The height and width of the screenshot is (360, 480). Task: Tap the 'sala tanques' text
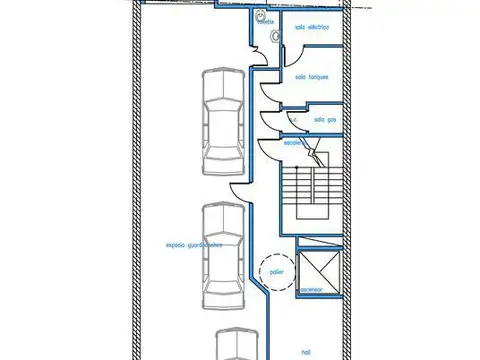312,77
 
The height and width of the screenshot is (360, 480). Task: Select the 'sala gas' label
324,119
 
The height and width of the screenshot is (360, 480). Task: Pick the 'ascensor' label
313,292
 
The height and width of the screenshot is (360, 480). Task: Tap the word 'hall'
307,350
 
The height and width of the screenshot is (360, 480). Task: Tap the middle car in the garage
222,253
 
